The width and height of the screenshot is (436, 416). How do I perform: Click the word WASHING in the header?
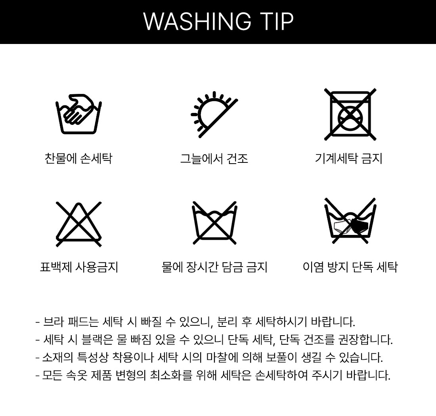[197, 21]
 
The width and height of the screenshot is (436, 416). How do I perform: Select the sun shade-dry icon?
[214, 114]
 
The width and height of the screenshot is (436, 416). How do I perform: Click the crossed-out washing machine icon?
[350, 114]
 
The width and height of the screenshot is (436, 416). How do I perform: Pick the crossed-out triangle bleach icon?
[79, 224]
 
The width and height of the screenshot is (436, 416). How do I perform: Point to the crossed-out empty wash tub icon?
[214, 223]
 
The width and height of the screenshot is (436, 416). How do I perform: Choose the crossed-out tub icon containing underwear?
[350, 221]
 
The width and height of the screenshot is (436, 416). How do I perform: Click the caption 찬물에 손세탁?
[78, 158]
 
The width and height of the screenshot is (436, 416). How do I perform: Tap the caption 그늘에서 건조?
[214, 158]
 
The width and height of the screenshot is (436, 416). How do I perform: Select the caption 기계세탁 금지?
[349, 158]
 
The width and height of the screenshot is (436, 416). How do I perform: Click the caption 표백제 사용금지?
[79, 267]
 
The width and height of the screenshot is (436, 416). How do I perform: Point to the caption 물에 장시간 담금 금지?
[214, 267]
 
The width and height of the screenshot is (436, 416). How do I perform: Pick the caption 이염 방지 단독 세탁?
[350, 267]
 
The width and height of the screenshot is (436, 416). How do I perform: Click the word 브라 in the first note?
[52, 322]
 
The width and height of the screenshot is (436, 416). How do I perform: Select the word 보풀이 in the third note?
[282, 357]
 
